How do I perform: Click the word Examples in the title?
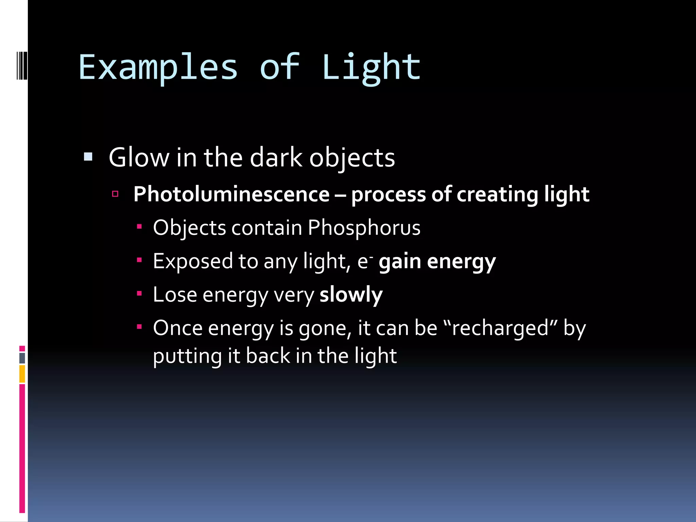158,68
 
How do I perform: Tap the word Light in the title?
371,68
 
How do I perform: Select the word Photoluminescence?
231,194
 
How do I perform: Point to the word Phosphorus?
364,227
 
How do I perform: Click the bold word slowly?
351,294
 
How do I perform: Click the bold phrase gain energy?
437,261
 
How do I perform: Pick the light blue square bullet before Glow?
88,157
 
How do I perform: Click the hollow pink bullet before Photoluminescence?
115,194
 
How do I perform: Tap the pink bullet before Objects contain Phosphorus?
139,226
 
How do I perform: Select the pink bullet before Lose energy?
139,293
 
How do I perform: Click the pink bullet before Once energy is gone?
139,327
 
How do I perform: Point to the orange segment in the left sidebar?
22,373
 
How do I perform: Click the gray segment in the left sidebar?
22,358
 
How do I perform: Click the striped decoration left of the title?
22,65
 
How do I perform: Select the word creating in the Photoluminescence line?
497,194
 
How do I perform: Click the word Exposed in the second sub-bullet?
193,261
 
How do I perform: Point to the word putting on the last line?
187,356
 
